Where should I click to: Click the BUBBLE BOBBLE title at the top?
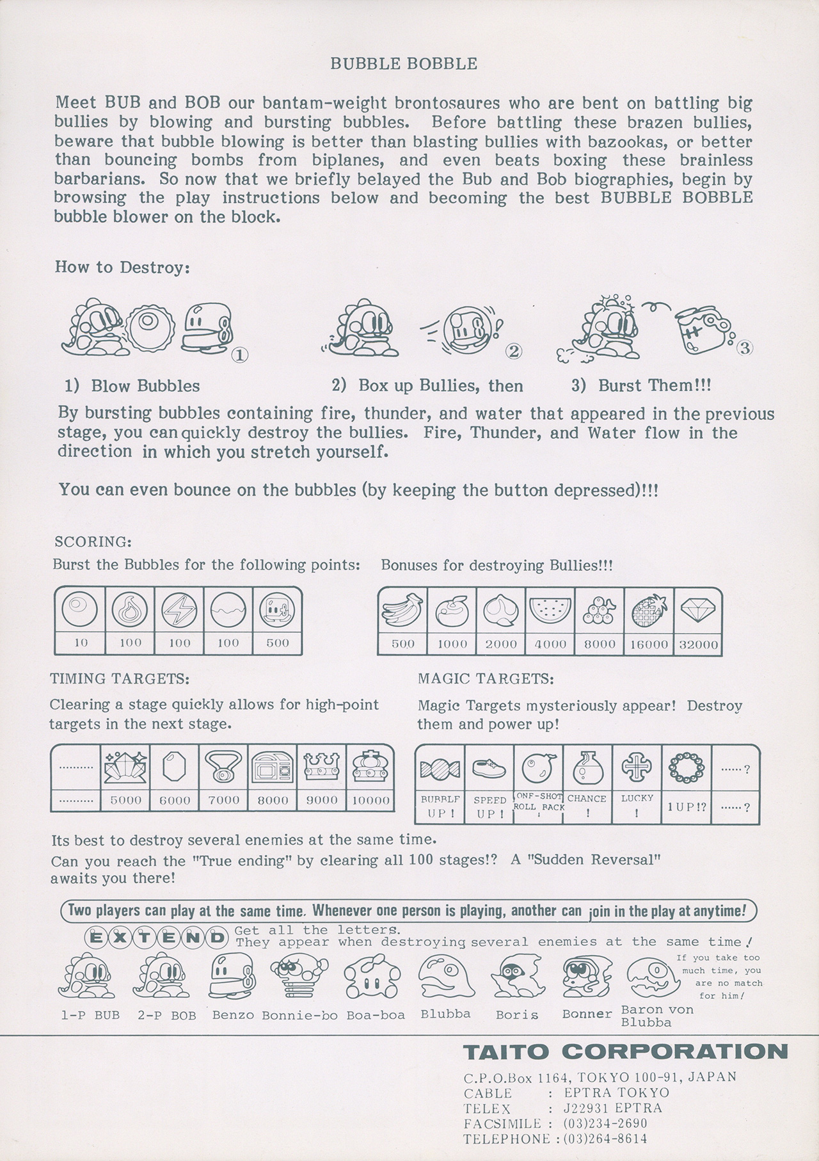403,64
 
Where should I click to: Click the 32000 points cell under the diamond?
698,645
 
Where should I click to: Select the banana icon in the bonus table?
402,609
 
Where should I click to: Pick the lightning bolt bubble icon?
180,609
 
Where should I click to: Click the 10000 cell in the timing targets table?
371,800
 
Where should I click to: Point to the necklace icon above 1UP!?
687,766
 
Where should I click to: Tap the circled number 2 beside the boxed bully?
514,351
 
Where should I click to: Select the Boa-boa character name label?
376,1016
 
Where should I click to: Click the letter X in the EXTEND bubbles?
120,938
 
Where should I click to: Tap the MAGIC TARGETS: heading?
486,678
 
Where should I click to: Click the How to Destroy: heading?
122,267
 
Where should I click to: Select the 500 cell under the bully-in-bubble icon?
278,643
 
